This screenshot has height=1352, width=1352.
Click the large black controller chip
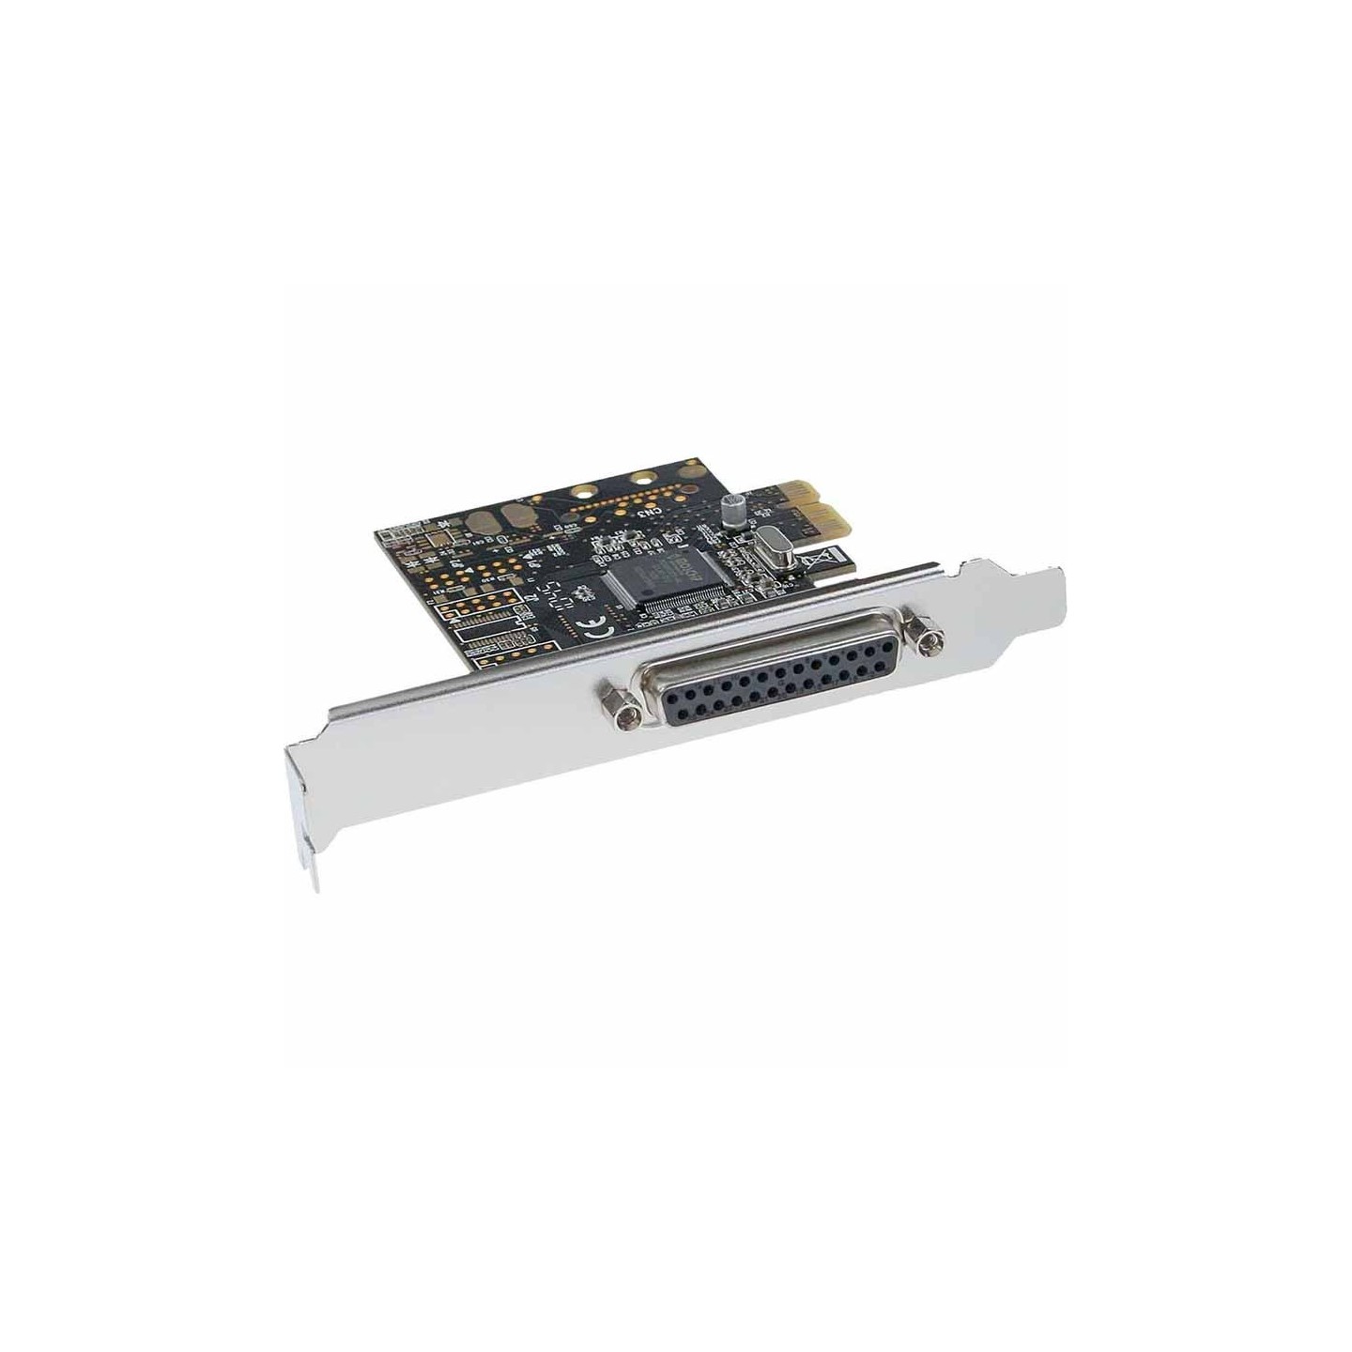[x=657, y=575]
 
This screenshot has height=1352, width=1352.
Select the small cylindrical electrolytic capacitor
[x=731, y=510]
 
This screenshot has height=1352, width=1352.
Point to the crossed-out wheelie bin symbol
[x=816, y=565]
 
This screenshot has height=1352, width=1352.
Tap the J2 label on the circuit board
[x=533, y=593]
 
